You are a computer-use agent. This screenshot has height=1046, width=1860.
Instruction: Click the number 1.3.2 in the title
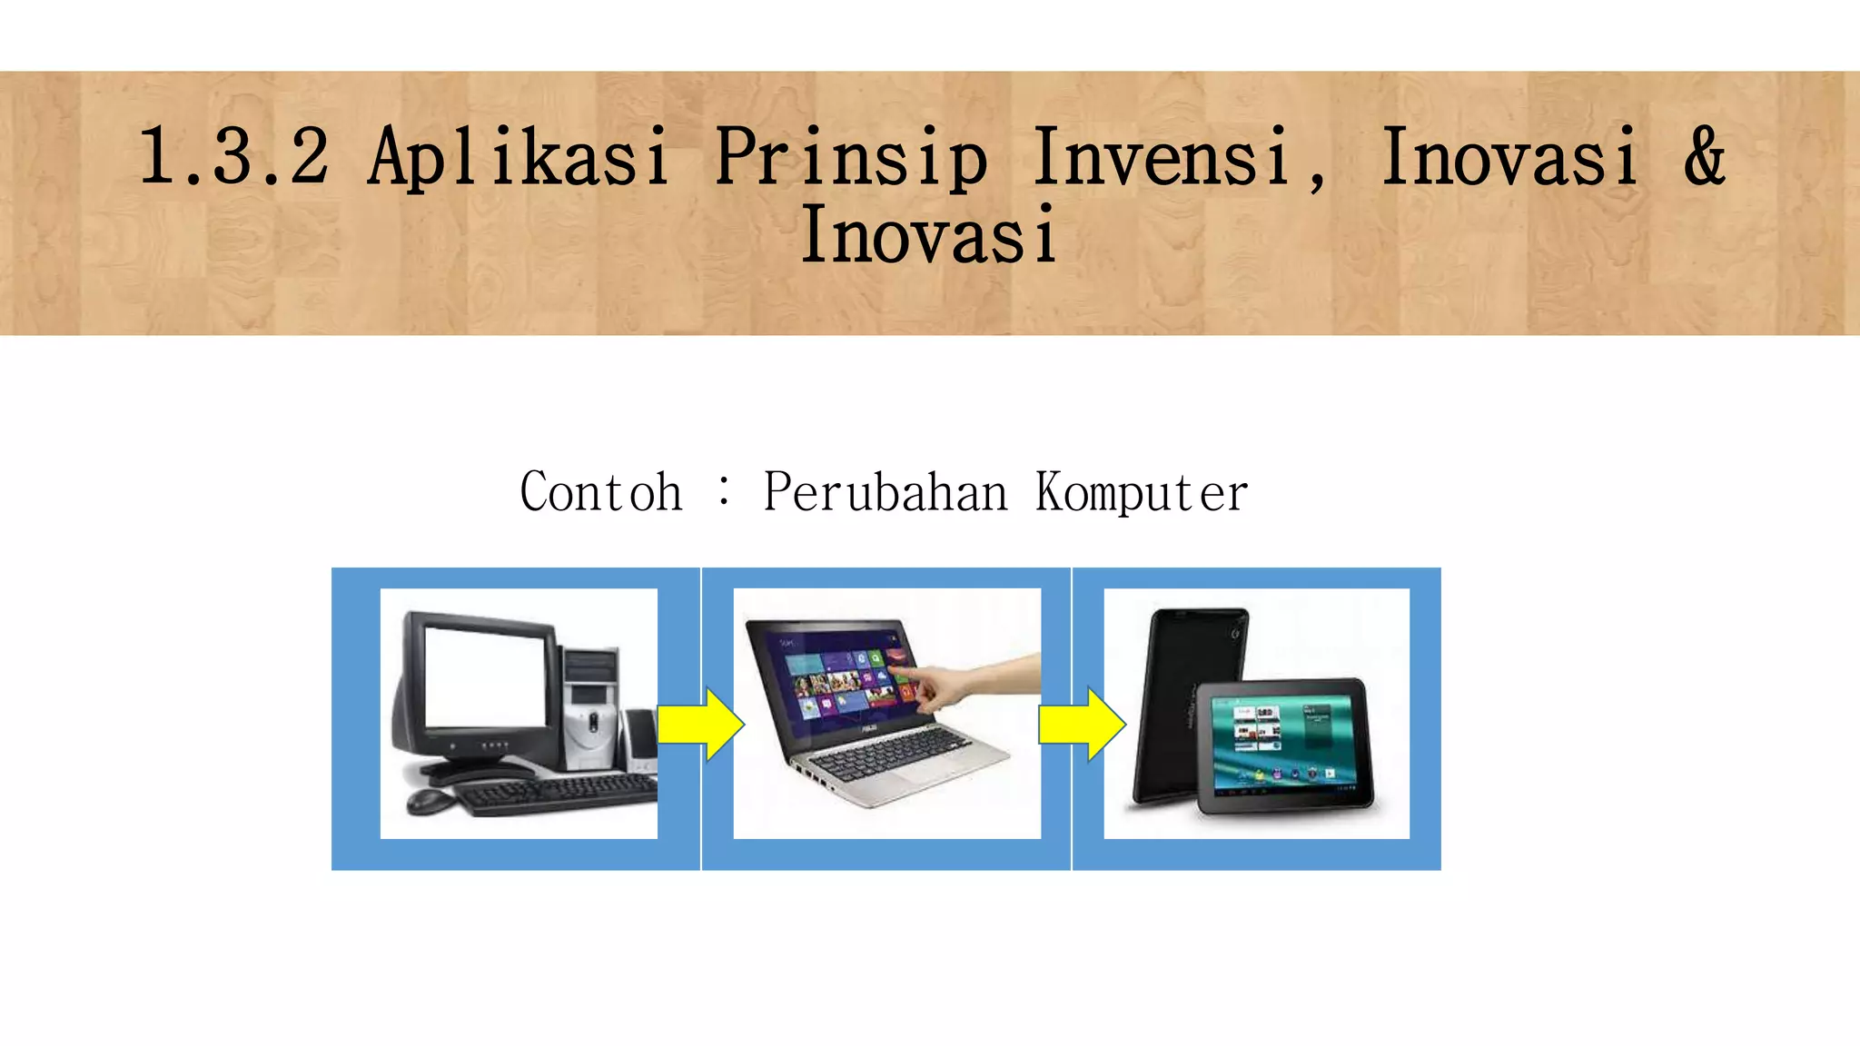pyautogui.click(x=233, y=157)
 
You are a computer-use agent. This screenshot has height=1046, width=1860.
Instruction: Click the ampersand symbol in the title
pyautogui.click(x=1704, y=157)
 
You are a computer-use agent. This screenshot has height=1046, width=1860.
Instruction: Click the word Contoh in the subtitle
pyautogui.click(x=600, y=493)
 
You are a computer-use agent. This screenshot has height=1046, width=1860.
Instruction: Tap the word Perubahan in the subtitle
pyautogui.click(x=885, y=493)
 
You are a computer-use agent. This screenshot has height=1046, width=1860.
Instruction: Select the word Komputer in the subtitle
pyautogui.click(x=1142, y=493)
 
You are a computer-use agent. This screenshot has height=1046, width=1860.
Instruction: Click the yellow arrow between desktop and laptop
pyautogui.click(x=700, y=725)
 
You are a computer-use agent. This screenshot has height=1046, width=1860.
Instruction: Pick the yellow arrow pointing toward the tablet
pyautogui.click(x=1082, y=725)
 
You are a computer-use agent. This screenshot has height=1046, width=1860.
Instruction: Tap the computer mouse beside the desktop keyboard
pyautogui.click(x=430, y=801)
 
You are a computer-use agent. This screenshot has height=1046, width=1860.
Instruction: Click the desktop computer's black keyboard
pyautogui.click(x=554, y=795)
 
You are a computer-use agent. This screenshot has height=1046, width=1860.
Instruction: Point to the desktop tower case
pyautogui.click(x=590, y=708)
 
